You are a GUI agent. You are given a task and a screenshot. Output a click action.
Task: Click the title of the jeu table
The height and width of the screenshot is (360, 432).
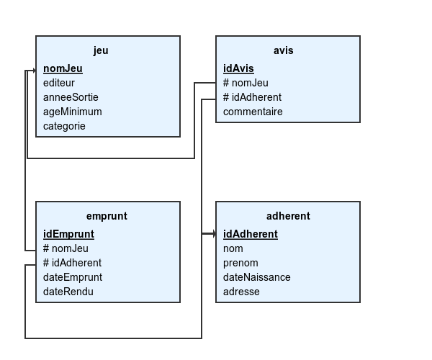point(101,51)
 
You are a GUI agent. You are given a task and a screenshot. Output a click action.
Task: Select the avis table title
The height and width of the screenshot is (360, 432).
point(283,50)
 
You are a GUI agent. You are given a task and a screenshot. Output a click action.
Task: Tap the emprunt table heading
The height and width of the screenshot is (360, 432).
point(107,216)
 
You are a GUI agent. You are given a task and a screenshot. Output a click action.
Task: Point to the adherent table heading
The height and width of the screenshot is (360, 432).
point(288,216)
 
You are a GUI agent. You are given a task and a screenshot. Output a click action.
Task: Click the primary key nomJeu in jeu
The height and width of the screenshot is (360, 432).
point(63,68)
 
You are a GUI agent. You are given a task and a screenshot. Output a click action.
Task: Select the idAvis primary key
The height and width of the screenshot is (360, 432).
point(238,68)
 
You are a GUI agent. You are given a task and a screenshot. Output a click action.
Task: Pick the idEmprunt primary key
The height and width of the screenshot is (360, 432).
point(68,235)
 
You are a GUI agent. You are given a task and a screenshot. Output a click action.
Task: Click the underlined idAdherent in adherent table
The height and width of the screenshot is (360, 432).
point(251,234)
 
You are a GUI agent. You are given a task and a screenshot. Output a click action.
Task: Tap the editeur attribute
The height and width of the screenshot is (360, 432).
point(59,83)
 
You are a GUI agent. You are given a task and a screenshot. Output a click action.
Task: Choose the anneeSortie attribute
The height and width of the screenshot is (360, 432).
point(71,97)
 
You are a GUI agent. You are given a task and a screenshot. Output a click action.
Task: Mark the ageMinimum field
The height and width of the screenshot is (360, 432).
point(73,112)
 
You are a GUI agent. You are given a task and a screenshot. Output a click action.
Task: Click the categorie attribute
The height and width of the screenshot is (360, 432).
point(64,127)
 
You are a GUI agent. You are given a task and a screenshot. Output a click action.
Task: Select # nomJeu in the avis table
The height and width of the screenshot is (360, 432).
point(246,83)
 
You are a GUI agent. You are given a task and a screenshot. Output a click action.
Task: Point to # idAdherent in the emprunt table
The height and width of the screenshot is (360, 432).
point(73,263)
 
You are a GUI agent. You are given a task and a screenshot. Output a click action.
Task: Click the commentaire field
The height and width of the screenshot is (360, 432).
point(253,112)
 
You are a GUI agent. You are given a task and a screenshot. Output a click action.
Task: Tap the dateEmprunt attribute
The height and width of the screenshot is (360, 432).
point(73,277)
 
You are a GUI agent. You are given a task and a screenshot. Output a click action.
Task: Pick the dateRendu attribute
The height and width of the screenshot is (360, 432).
point(68,292)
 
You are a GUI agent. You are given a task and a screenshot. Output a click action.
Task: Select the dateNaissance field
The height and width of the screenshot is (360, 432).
point(257,277)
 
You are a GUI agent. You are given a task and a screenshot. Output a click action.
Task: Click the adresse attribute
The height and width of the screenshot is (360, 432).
point(241,292)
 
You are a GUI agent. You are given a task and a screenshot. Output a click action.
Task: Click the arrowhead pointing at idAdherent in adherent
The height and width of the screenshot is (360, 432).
point(214,234)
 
